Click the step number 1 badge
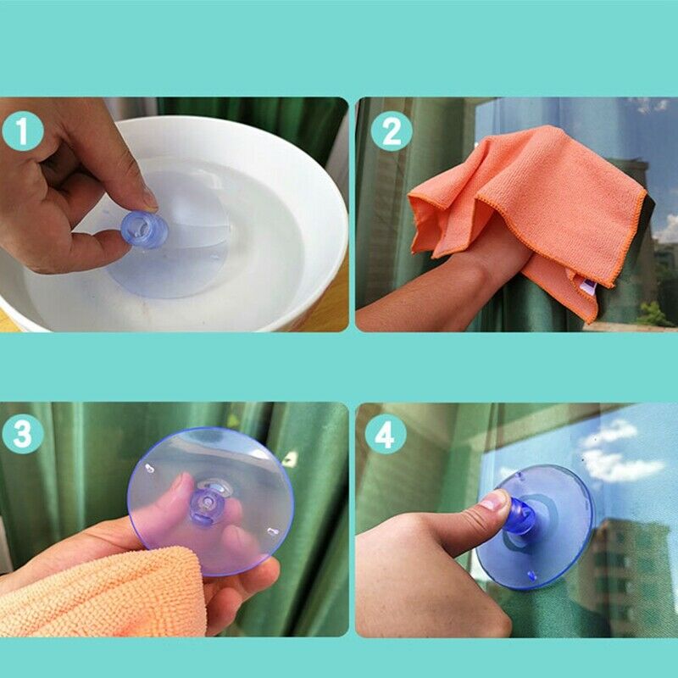(23, 131)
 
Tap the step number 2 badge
(392, 131)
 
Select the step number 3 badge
(23, 434)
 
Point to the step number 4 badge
(386, 434)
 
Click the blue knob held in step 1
(144, 229)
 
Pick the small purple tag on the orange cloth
(588, 286)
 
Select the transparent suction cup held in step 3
(210, 502)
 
